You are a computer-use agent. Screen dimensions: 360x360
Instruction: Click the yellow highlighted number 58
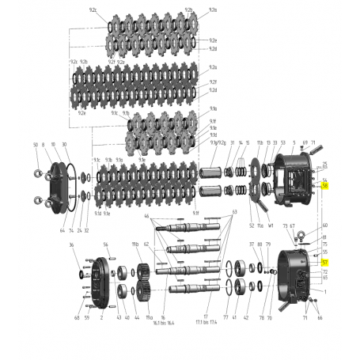[x=324, y=185]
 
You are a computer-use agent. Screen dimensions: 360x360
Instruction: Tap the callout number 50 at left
[x=36, y=145]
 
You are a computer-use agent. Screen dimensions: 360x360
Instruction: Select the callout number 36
[x=72, y=245]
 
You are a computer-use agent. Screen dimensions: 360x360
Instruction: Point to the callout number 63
[x=234, y=213]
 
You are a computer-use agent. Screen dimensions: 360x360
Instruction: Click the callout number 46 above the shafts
[x=146, y=215]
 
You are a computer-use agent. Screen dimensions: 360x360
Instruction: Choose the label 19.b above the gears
[x=135, y=245]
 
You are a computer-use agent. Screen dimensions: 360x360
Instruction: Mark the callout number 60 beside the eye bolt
[x=324, y=225]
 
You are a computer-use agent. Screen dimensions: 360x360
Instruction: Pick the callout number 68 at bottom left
[x=77, y=318]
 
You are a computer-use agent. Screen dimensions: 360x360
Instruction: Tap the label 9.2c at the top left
[x=93, y=9]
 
